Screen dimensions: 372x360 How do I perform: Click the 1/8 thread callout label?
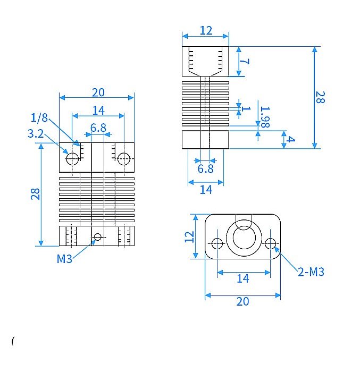click(x=39, y=117)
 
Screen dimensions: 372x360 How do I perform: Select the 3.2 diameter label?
click(x=36, y=134)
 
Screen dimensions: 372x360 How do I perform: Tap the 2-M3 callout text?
click(x=311, y=272)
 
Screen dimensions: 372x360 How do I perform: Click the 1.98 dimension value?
click(x=264, y=116)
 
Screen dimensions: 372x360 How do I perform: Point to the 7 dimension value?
click(x=245, y=61)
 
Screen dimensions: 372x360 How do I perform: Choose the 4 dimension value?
click(x=291, y=140)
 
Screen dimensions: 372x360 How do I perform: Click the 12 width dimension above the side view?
click(x=206, y=30)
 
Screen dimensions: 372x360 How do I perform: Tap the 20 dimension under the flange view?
click(x=242, y=301)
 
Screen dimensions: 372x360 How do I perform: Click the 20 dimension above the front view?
click(x=98, y=92)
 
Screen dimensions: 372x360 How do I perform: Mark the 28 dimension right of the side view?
click(x=320, y=97)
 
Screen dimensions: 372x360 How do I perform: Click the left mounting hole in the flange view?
click(x=217, y=243)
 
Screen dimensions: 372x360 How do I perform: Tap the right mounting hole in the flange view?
click(x=270, y=243)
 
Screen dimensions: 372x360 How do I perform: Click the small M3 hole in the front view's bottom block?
click(x=97, y=236)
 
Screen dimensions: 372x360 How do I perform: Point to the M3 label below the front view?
click(x=64, y=259)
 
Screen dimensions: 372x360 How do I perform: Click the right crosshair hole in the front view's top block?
click(x=124, y=158)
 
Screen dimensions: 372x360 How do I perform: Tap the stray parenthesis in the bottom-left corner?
click(x=12, y=341)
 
